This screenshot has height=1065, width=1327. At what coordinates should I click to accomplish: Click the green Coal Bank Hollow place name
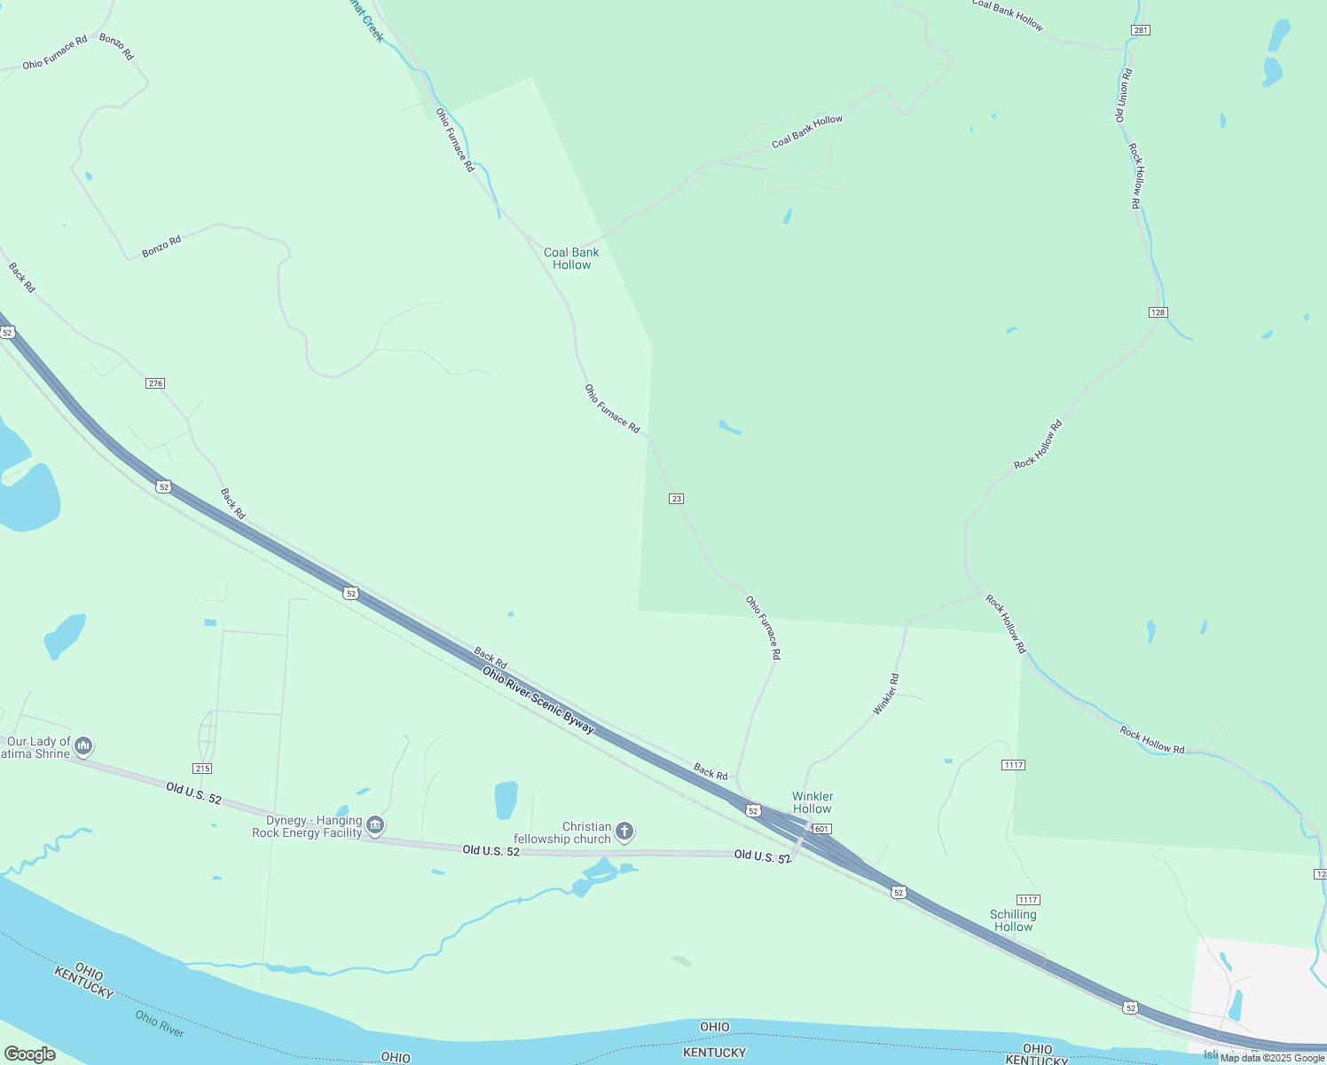tap(571, 258)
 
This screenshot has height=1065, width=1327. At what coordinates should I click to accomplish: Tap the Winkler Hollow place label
tap(813, 802)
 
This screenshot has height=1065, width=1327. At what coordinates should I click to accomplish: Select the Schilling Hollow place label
tap(1013, 920)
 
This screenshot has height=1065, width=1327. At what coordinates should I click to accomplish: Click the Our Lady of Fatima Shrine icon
tap(84, 745)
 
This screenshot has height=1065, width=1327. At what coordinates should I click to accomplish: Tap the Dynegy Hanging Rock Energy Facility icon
tap(375, 826)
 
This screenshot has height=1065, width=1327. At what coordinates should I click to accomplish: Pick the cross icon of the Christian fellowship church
tap(624, 832)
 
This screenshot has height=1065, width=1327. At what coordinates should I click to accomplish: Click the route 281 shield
tap(1141, 30)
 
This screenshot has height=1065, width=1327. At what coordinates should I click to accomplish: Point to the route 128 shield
tap(1158, 312)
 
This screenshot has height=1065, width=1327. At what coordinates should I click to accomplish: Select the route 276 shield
tap(155, 383)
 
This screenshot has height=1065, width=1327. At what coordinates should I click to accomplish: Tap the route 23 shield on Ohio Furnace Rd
tap(677, 499)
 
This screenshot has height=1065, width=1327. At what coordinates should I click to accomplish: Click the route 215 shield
tap(202, 769)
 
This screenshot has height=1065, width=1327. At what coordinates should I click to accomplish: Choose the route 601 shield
tap(821, 829)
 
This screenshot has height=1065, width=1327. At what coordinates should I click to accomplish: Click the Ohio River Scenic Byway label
tap(538, 700)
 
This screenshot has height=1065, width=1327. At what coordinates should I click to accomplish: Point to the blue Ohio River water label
tap(160, 1023)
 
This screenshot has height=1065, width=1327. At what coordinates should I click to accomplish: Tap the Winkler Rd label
tap(886, 694)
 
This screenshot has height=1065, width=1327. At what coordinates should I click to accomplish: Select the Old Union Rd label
tap(1123, 96)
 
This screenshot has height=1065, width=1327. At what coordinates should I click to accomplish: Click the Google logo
tap(29, 1054)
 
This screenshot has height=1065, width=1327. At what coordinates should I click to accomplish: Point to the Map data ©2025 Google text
tap(1272, 1058)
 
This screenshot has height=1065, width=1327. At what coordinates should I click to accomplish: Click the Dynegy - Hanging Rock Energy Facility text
tap(314, 826)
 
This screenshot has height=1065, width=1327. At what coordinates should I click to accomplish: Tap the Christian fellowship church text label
tap(563, 832)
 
